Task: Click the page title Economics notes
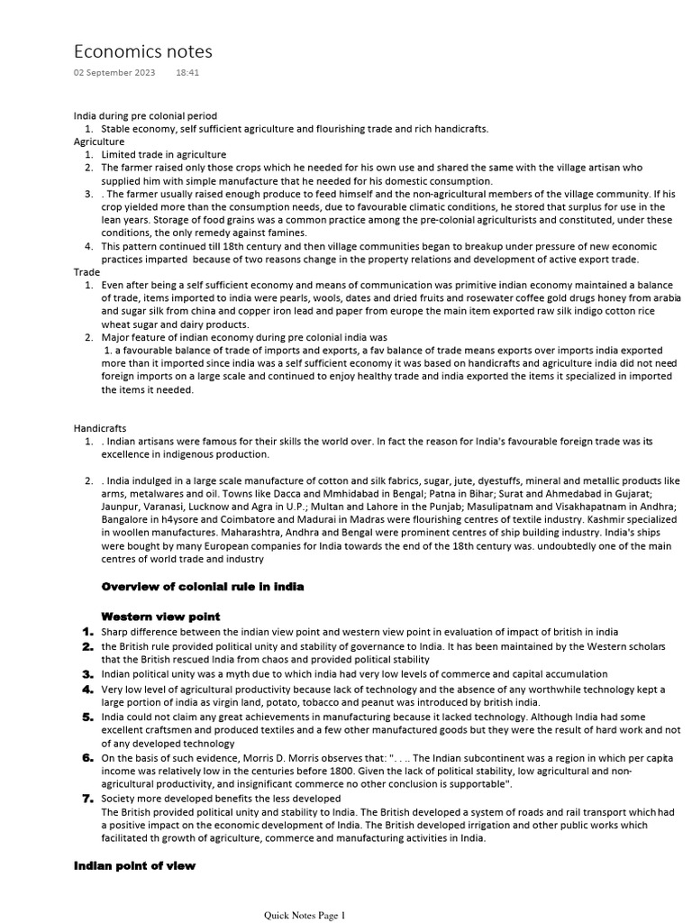[142, 51]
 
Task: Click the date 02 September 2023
[114, 72]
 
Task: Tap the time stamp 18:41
[187, 72]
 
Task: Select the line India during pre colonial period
[145, 116]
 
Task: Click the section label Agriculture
[98, 142]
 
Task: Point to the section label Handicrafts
[99, 428]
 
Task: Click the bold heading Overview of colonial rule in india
[203, 587]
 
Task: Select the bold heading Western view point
[160, 617]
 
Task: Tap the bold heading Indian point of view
[134, 866]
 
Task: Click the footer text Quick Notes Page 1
[304, 916]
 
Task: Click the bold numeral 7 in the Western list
[87, 799]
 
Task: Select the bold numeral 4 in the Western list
[87, 690]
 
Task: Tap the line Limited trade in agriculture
[163, 155]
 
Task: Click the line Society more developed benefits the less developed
[221, 799]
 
